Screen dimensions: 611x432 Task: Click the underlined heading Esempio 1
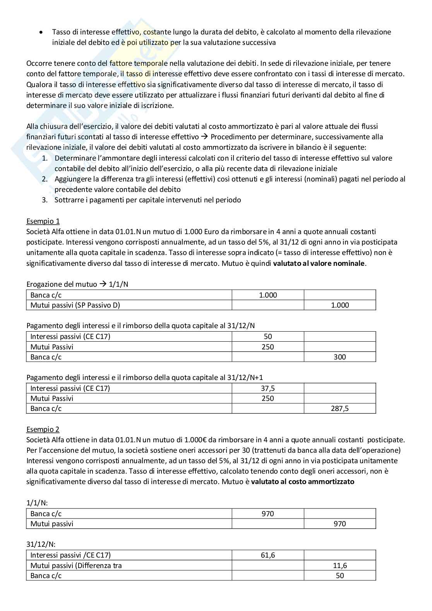tap(43, 221)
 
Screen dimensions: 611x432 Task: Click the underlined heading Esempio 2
tap(43, 430)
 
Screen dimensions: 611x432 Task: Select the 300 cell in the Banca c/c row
tap(339, 357)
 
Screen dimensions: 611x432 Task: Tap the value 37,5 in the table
tap(267, 389)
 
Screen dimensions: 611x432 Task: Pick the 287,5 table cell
tap(339, 409)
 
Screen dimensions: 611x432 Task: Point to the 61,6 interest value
tap(267, 555)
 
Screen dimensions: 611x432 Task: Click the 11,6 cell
tap(339, 566)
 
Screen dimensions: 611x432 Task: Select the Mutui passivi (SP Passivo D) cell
tap(75, 305)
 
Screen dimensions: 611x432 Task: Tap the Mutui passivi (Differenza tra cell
tap(76, 566)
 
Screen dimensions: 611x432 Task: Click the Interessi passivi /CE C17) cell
tap(70, 555)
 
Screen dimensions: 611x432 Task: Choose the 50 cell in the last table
tap(339, 576)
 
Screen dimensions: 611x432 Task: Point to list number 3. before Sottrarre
tap(45, 200)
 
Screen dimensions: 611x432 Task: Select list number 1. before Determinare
tap(45, 158)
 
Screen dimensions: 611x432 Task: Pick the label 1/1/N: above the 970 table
tap(37, 503)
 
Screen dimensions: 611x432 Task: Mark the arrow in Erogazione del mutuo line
tap(103, 284)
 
